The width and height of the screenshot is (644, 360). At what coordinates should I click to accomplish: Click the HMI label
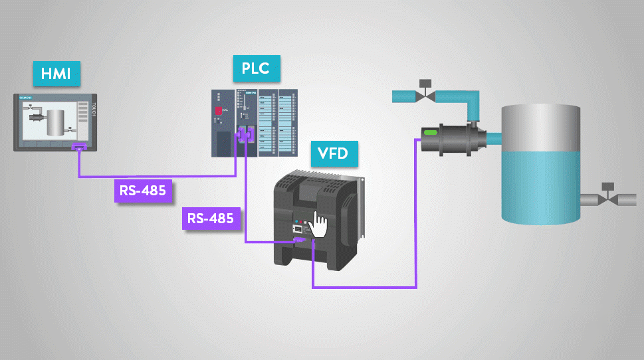click(56, 74)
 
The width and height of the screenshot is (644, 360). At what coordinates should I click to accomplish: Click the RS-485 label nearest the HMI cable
click(142, 191)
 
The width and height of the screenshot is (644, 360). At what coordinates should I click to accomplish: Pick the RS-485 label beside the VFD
click(210, 218)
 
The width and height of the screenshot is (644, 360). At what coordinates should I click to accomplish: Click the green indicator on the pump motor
click(430, 134)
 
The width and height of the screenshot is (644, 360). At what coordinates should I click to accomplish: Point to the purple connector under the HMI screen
click(79, 146)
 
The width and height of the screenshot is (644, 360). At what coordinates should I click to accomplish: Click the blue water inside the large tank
click(540, 186)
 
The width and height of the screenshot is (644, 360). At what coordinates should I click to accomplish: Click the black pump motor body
click(451, 139)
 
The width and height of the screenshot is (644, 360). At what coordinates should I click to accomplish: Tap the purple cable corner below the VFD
click(312, 287)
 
